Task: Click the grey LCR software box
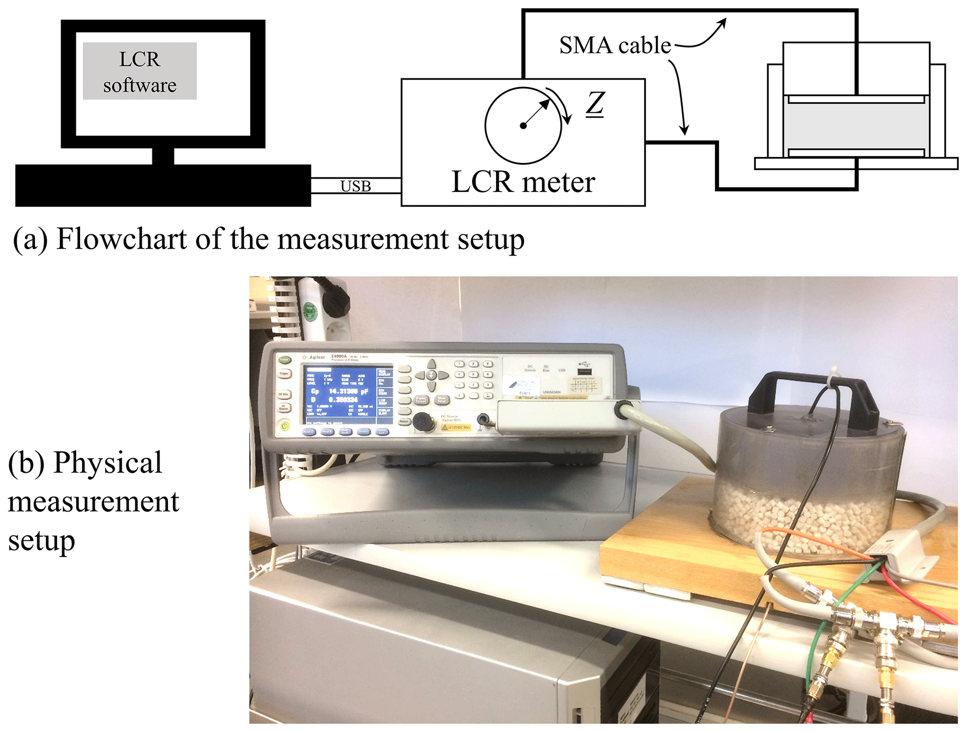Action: pos(139,71)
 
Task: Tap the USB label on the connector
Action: pos(356,186)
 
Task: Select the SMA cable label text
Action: pos(615,45)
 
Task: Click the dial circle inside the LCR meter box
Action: pos(523,125)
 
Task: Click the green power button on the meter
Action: pos(284,426)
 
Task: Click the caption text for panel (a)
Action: pos(269,239)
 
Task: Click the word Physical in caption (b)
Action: pos(108,463)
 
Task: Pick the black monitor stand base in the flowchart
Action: pos(163,185)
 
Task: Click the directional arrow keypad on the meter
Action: pos(431,375)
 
